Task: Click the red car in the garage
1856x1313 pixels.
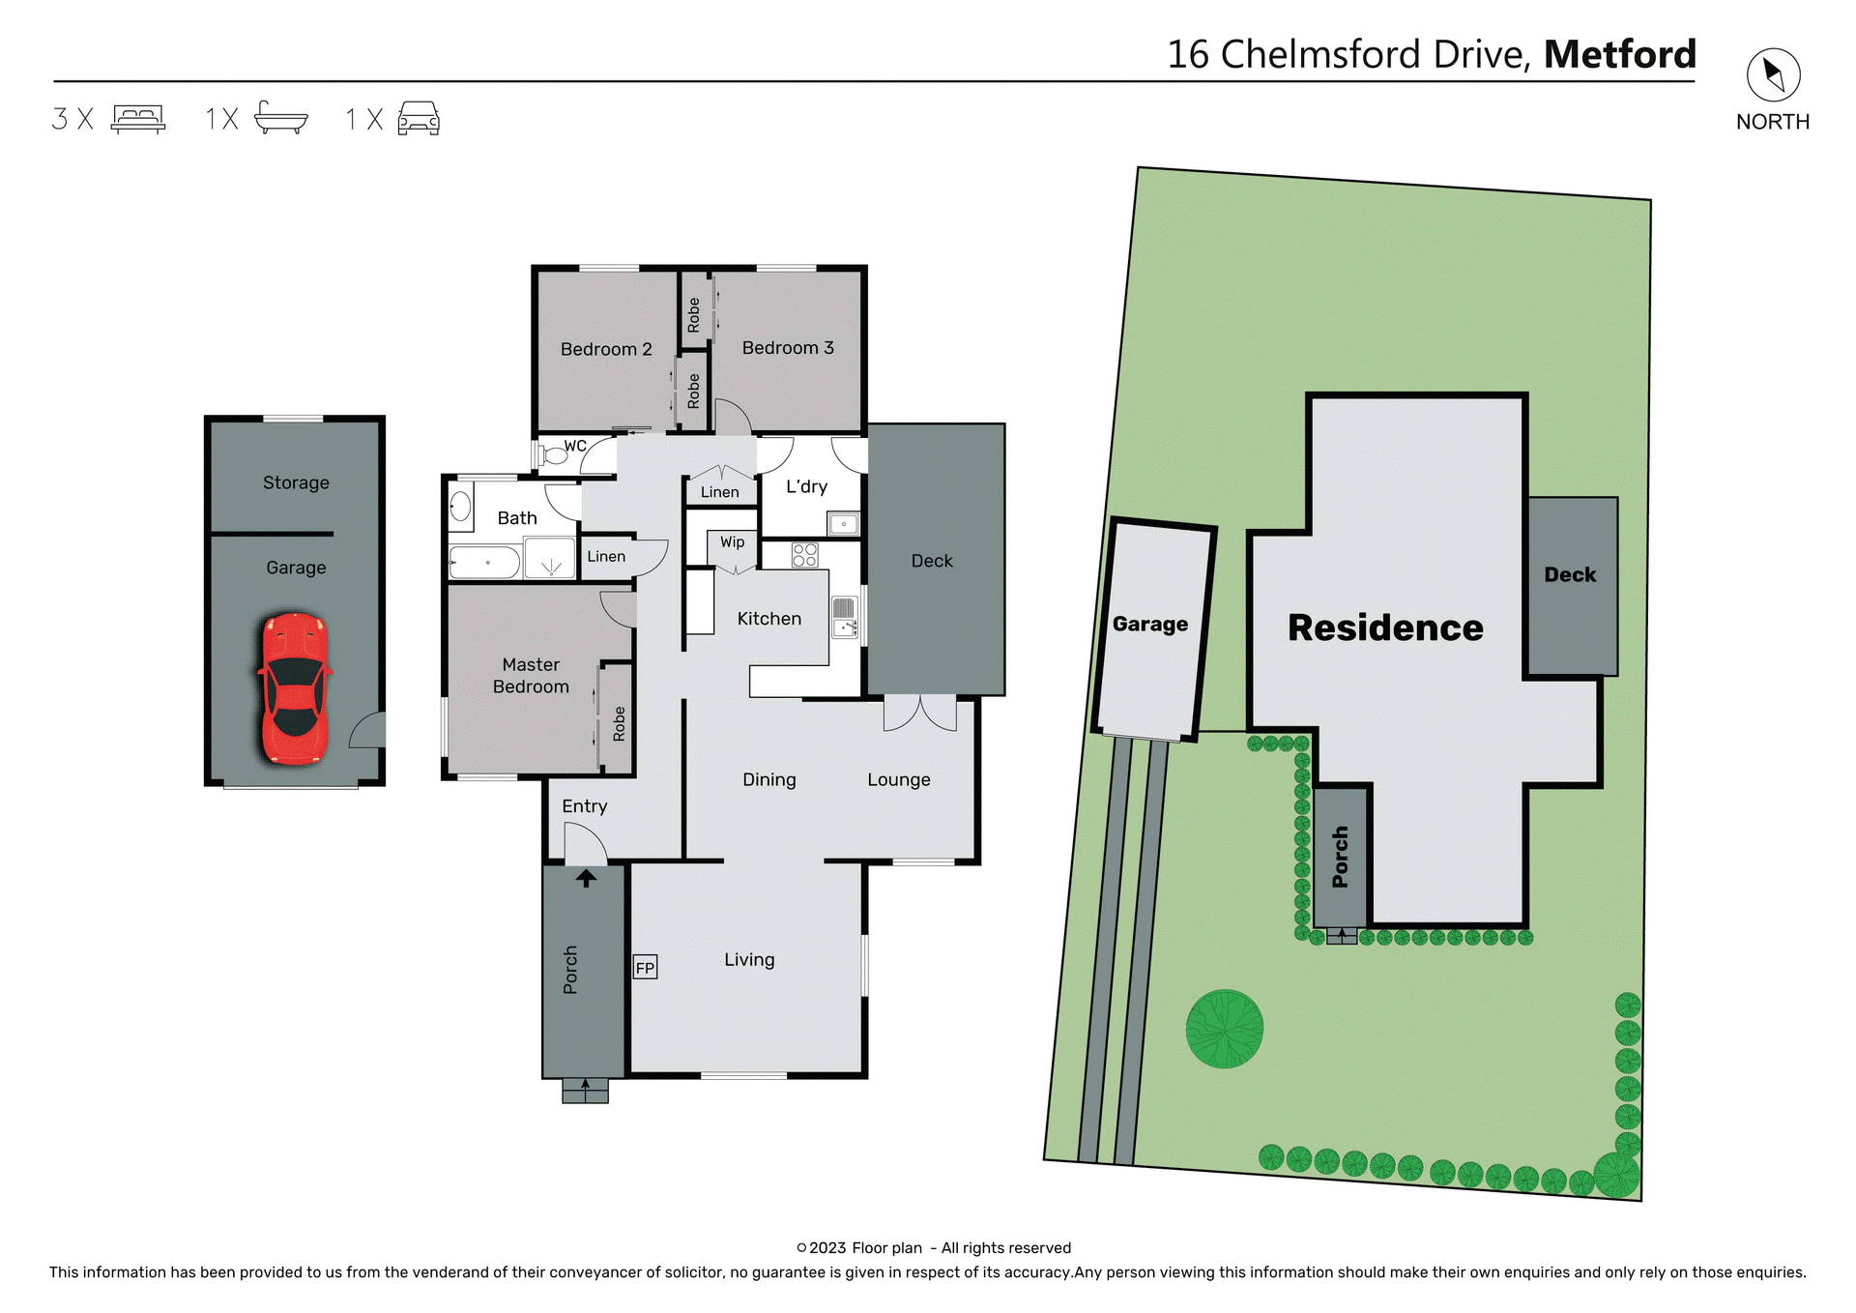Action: (x=295, y=688)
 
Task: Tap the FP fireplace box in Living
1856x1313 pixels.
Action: (x=645, y=967)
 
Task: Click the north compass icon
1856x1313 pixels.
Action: (x=1773, y=74)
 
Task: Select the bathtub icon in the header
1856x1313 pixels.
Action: (x=280, y=118)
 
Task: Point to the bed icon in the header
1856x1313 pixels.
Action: (x=138, y=118)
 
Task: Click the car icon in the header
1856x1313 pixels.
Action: (x=419, y=118)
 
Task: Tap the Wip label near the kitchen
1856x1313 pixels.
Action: (x=732, y=542)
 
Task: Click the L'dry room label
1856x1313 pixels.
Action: (x=806, y=486)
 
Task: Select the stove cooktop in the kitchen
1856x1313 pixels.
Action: (x=804, y=555)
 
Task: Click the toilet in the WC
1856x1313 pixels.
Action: (x=555, y=453)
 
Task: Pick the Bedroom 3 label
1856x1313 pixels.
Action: (x=787, y=348)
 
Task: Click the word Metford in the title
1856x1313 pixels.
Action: (x=1619, y=54)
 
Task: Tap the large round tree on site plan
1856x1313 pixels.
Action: (x=1224, y=1028)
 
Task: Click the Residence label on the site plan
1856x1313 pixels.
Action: (x=1384, y=627)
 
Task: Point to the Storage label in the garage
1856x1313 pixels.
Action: (x=296, y=482)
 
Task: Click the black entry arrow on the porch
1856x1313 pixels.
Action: (x=586, y=878)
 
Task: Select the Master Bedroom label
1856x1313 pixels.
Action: (x=531, y=675)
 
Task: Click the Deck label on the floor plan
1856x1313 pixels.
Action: (x=931, y=561)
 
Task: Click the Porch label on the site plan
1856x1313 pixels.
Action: (x=1340, y=857)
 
